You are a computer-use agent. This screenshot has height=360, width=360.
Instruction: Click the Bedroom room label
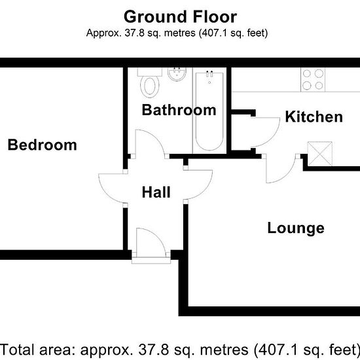42,145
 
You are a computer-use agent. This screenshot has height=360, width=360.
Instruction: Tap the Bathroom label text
179,110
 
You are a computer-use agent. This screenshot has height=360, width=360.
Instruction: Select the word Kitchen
314,117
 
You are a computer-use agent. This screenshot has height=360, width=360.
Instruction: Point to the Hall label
156,192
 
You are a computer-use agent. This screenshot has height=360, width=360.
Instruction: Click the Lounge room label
295,228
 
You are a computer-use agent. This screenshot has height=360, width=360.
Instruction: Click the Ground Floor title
180,16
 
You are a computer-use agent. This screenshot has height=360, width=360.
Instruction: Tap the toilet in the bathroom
151,84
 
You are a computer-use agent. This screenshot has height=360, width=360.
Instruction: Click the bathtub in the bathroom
209,111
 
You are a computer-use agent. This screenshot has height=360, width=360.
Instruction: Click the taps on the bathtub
209,75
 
